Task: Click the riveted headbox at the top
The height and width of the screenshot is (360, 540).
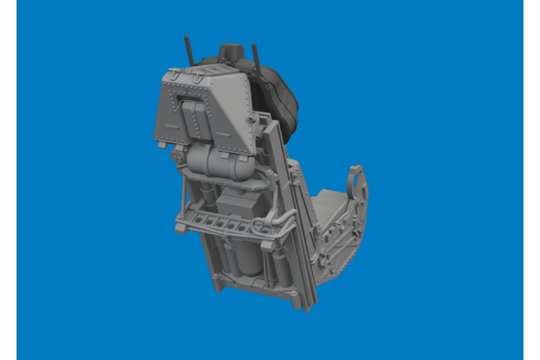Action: pos(202,108)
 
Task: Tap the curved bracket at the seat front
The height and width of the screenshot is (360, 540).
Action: pos(358,184)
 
